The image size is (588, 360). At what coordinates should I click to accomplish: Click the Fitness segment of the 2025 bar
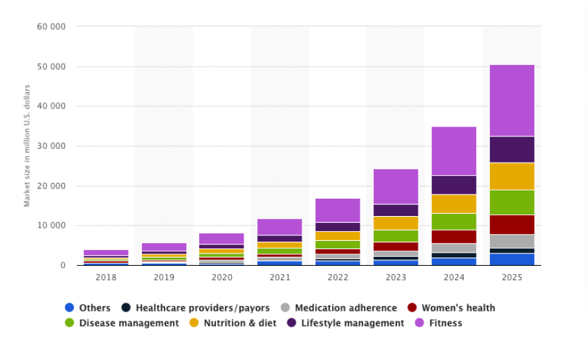512,100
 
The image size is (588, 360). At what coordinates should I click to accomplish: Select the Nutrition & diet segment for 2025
512,176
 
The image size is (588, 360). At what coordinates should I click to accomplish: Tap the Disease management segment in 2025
512,202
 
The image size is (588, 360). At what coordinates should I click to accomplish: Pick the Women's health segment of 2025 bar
512,224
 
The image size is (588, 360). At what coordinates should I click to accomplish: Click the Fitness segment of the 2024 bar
454,151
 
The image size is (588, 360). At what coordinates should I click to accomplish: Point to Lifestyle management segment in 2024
454,185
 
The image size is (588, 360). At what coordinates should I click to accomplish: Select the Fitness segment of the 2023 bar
396,186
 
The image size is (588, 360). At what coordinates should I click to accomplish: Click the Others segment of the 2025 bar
512,259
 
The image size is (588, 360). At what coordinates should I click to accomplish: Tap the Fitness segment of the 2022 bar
338,210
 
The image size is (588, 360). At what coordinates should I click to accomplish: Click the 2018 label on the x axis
106,276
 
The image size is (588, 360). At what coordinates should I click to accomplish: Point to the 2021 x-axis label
279,276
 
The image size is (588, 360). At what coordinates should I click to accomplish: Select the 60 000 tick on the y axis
51,27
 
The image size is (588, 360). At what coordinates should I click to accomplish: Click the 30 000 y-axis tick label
51,146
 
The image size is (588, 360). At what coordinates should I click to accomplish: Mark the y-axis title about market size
28,145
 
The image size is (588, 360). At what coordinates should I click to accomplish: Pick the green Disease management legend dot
69,323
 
